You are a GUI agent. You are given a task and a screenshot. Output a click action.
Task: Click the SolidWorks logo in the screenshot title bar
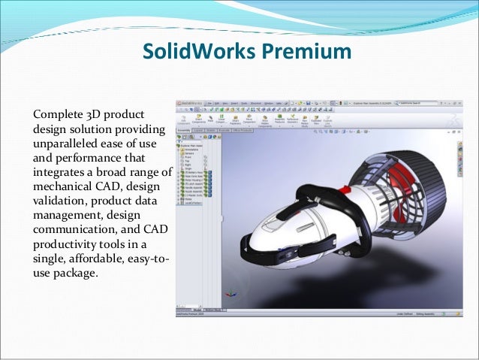click(191, 103)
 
